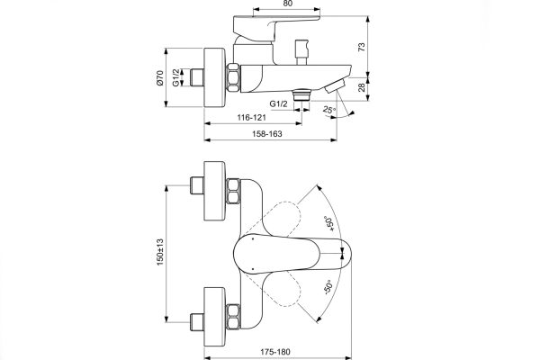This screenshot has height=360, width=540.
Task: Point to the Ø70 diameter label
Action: (160, 84)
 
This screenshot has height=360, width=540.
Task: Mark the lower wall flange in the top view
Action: (214, 310)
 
